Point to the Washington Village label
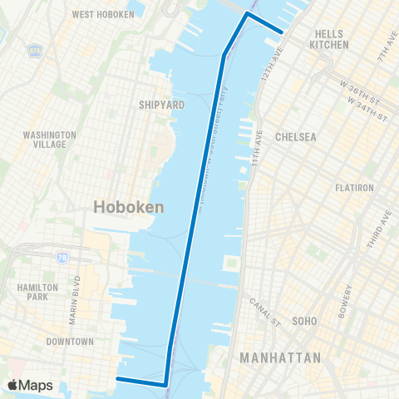(x=50, y=139)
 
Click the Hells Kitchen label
(x=328, y=39)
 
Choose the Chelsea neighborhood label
(x=296, y=136)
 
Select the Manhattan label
(x=280, y=357)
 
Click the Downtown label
(x=70, y=342)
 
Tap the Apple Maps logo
(x=30, y=385)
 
